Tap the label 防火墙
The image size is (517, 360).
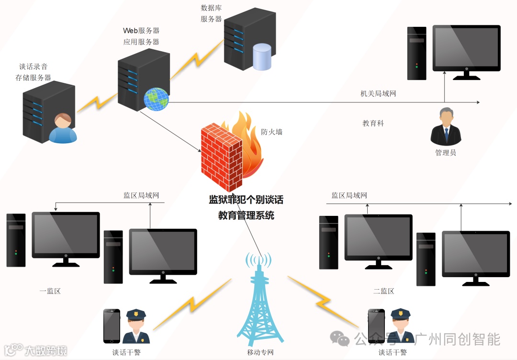(271, 132)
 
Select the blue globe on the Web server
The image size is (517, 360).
(156, 99)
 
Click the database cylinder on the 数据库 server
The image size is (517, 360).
(262, 56)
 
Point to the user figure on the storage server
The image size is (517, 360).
(63, 128)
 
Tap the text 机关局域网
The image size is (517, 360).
(378, 94)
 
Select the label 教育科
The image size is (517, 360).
(373, 124)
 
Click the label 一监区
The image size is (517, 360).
(50, 291)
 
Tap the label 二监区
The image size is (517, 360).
(384, 291)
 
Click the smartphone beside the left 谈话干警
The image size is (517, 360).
(112, 326)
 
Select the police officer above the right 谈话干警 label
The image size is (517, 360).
(401, 326)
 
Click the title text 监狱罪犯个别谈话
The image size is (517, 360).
(246, 200)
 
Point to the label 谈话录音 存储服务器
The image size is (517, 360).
(34, 72)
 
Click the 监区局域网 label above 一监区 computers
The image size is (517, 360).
(141, 195)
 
